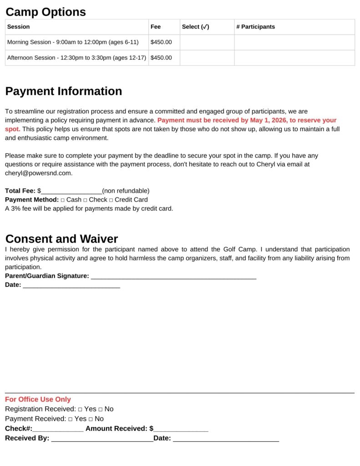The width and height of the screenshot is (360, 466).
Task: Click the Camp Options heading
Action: tap(46, 12)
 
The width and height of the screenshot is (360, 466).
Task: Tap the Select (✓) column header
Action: tap(195, 27)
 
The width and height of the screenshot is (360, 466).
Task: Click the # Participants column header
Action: tap(255, 27)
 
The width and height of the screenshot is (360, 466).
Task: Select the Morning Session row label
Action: tap(73, 42)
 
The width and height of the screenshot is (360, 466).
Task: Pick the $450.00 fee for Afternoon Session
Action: tap(161, 58)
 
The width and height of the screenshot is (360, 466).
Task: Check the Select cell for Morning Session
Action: tap(207, 42)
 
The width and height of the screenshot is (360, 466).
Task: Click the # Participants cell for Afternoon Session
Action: tap(294, 58)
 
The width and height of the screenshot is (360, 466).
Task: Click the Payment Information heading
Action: tap(63, 91)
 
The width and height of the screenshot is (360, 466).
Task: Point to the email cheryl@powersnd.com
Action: tap(38, 173)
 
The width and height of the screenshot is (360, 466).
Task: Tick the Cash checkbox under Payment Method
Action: tap(63, 200)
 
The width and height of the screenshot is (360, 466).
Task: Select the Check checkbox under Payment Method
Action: tap(85, 200)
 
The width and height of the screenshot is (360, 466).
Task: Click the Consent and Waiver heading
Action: tap(61, 239)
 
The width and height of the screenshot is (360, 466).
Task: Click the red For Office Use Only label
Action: tap(38, 399)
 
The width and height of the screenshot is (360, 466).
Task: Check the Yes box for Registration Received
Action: tap(80, 409)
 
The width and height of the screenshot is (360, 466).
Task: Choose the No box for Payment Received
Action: tap(91, 419)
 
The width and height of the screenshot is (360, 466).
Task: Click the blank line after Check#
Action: tap(58, 429)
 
